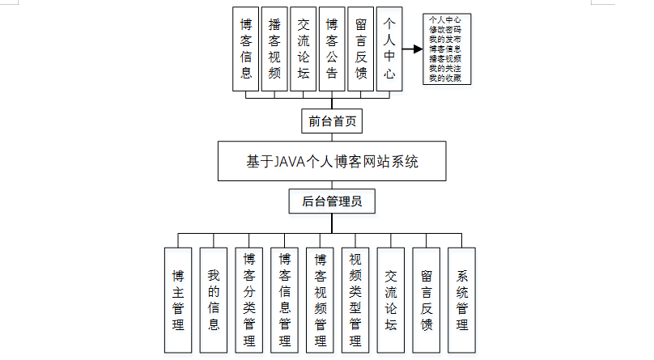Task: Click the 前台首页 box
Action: [x=332, y=122]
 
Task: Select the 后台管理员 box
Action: [x=332, y=201]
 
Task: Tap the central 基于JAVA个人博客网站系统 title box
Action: [x=332, y=161]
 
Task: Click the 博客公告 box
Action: [x=332, y=49]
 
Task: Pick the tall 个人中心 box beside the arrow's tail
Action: [x=389, y=49]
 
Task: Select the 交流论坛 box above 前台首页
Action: [x=304, y=49]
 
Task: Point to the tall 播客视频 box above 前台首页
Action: [x=274, y=49]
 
